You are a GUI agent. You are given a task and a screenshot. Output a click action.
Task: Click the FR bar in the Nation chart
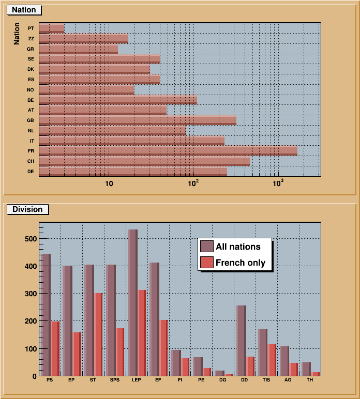[168, 151]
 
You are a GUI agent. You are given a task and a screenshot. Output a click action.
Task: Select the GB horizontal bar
[138, 120]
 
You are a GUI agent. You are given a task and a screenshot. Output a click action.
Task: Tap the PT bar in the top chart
[52, 28]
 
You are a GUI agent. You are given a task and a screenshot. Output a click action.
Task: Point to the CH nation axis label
[31, 161]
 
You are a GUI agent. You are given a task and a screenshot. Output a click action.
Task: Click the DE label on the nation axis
[31, 171]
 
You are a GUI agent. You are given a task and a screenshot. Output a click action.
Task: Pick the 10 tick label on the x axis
[109, 183]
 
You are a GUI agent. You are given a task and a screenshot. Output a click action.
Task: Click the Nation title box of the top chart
[24, 10]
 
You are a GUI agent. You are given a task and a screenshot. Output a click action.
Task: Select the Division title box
[27, 209]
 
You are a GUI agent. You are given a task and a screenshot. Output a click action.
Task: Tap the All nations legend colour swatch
[206, 247]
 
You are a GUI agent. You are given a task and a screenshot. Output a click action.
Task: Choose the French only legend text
[241, 263]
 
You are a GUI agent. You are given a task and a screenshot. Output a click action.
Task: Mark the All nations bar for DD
[241, 341]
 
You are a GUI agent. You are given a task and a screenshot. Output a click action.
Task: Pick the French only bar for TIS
[272, 360]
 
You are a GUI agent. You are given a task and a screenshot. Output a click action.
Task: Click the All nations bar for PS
[46, 315]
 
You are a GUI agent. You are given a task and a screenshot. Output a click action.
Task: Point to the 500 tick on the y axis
[29, 239]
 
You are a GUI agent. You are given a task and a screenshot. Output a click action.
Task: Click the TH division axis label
[310, 380]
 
